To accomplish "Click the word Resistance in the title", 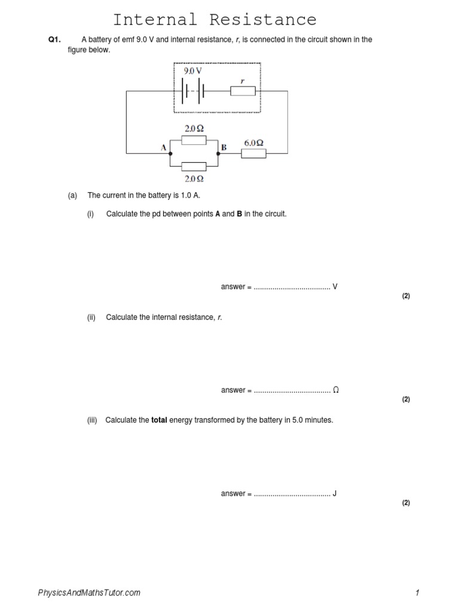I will (x=263, y=20).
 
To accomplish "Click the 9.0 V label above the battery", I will (x=192, y=70).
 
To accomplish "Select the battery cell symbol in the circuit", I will (x=194, y=91).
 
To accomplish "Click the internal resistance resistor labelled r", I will (x=243, y=91).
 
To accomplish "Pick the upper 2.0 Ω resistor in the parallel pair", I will (x=194, y=140).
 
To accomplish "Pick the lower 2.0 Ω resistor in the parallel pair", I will (x=194, y=166).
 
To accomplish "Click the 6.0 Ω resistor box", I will (x=253, y=153).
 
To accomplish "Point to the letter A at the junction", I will (x=163, y=148).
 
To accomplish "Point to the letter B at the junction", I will (x=224, y=147).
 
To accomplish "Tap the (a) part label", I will (x=73, y=195).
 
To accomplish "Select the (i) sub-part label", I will (x=91, y=214).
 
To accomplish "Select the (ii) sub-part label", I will (x=91, y=317).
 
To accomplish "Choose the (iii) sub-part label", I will (x=92, y=420).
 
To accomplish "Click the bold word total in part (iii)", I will (x=159, y=420).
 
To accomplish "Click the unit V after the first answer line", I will (x=335, y=287).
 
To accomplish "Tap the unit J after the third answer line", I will (x=335, y=493).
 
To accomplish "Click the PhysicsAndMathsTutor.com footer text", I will (x=89, y=593).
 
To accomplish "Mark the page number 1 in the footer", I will (x=418, y=593).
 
